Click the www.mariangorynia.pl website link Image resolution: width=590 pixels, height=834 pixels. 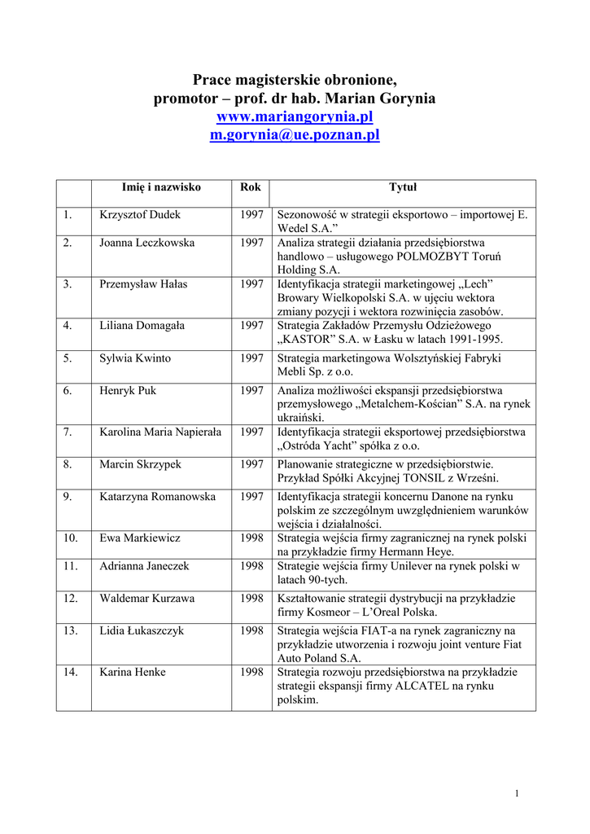point(295,117)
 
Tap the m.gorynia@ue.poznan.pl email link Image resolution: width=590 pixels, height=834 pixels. point(295,135)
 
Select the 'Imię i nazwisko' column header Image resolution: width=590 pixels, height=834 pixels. point(161,187)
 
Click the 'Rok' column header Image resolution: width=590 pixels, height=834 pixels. point(251,187)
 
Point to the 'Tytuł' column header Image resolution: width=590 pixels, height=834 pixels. point(402,187)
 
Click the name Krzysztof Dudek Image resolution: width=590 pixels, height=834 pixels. point(140,215)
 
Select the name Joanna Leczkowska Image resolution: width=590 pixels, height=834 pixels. point(147,243)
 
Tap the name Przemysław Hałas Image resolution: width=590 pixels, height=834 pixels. point(143,283)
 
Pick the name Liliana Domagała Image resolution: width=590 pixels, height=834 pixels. point(142,325)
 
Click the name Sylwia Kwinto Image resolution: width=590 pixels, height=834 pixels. point(135,358)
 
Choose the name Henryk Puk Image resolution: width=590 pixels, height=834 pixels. point(128,391)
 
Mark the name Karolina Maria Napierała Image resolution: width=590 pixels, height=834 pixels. point(160,432)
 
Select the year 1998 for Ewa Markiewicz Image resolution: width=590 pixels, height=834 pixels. point(251,538)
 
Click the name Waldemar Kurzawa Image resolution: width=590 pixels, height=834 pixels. point(147,599)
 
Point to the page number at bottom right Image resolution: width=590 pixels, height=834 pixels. point(517,794)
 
